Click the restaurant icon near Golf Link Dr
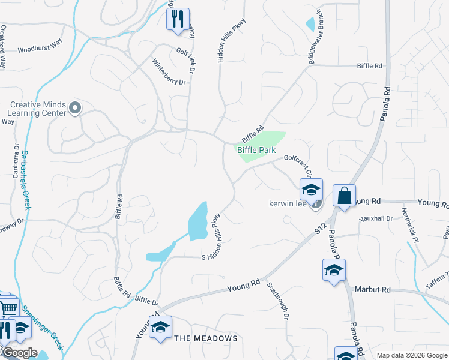(178, 19)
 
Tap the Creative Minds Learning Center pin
(75, 108)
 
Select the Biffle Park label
(256, 150)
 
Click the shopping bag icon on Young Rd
(345, 196)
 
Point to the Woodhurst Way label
(41, 50)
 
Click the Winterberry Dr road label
(169, 72)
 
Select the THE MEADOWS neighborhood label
(206, 338)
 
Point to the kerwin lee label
(288, 204)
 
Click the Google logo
(19, 353)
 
